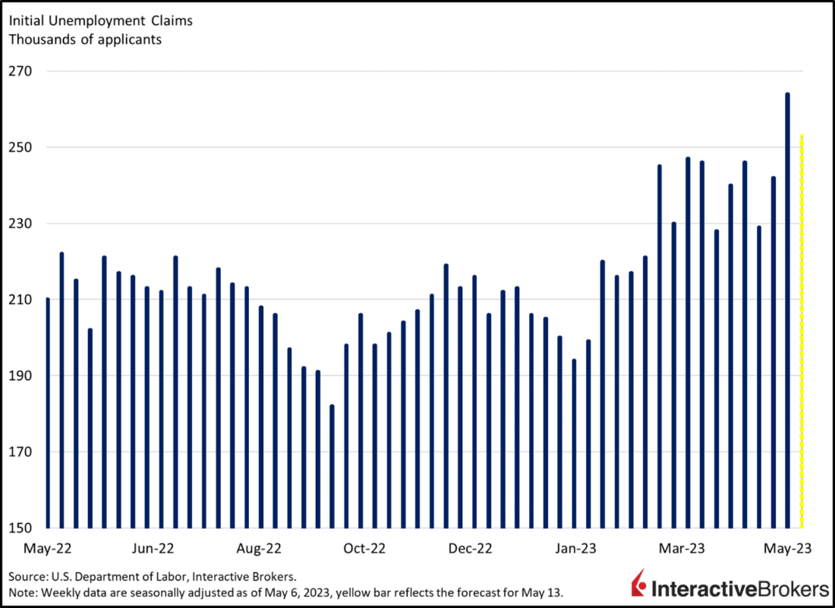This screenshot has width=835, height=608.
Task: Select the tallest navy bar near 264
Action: (x=787, y=311)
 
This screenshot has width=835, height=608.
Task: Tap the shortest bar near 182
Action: (x=332, y=467)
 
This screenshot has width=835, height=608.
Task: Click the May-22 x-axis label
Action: (x=47, y=548)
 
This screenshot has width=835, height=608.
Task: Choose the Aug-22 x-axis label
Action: (x=260, y=548)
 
